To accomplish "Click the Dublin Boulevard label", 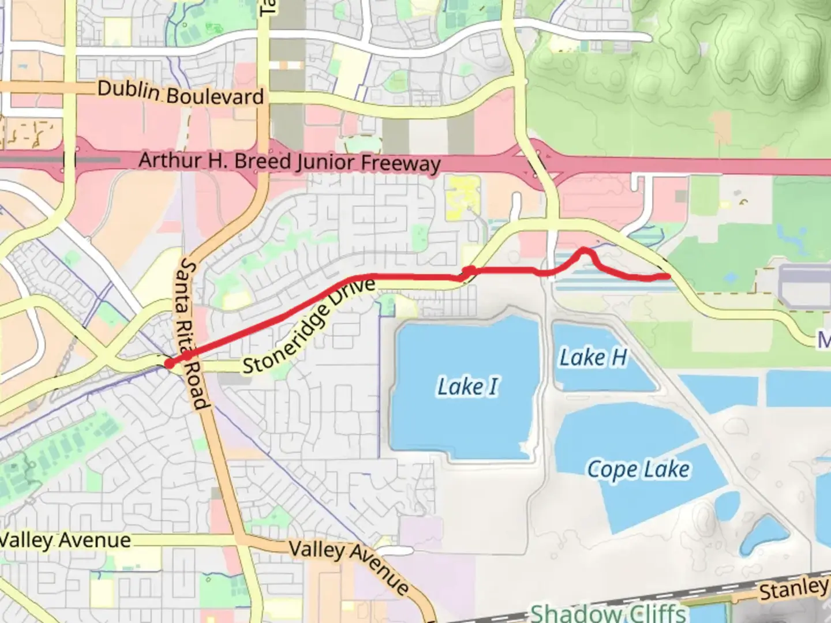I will point(181,93).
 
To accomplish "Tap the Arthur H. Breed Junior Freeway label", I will point(290,161).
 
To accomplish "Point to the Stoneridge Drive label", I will point(309,326).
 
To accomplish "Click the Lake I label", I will point(467,386).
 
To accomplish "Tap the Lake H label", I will point(593,358).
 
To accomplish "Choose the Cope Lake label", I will point(638,470).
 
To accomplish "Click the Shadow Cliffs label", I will point(608,613).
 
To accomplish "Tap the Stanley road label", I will point(793,590).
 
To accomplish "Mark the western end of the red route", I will point(169,363).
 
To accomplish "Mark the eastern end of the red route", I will point(668,276).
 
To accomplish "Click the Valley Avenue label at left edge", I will point(65,541).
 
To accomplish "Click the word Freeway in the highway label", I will point(400,164).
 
